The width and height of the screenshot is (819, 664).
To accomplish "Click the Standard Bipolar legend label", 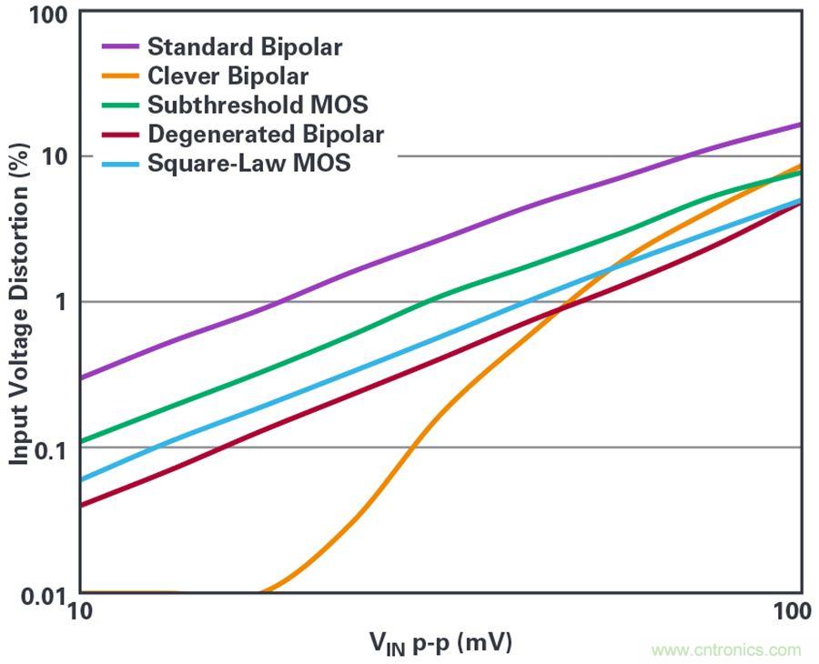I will coord(244,46).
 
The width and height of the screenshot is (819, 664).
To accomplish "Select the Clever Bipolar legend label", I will coord(227,75).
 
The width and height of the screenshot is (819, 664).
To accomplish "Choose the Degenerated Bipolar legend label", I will coord(265,134).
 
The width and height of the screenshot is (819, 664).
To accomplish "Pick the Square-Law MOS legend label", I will coord(248,163).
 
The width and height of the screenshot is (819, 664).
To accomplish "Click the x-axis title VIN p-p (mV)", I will coord(440,643).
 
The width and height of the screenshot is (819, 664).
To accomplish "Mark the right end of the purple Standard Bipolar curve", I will coord(800,125).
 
